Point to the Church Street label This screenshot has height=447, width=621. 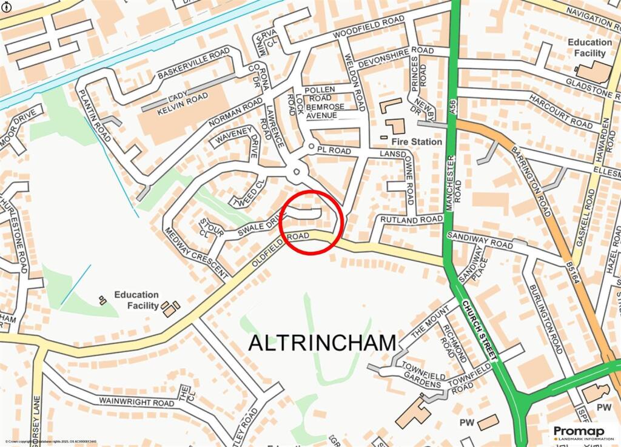[478, 331]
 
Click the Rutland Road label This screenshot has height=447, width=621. [411, 220]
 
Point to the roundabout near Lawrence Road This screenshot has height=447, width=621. [296, 171]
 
